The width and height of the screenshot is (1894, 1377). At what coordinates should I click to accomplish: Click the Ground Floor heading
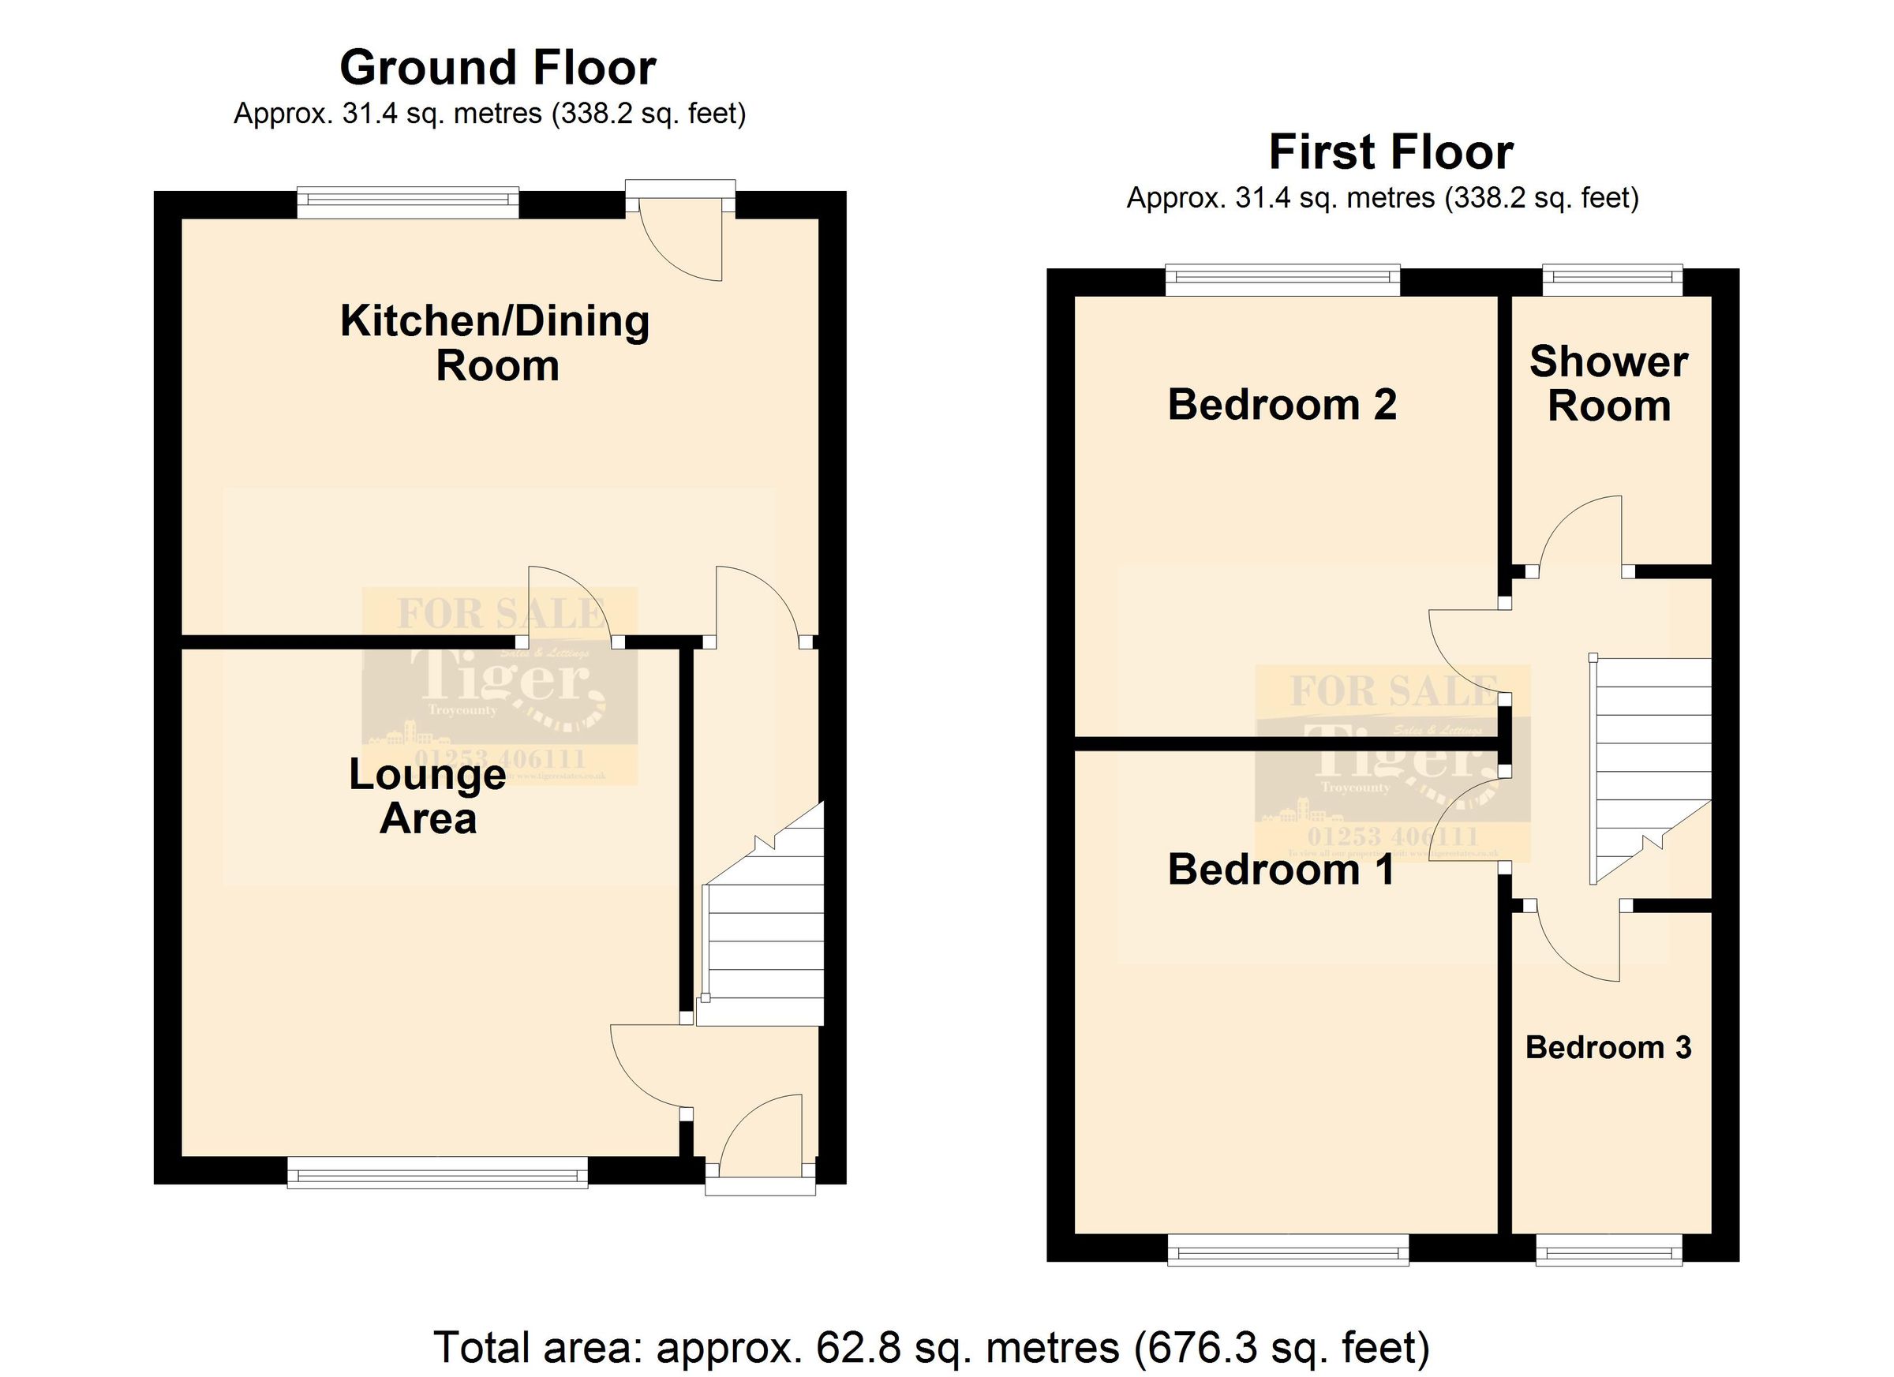[x=498, y=68]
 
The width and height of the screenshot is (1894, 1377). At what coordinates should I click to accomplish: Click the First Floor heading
[x=1391, y=153]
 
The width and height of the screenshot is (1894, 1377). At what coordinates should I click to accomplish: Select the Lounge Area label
[x=428, y=795]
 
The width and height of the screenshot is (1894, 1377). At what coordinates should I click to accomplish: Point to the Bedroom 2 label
[x=1282, y=404]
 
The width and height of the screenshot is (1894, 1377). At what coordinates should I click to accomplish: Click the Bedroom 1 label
[x=1280, y=870]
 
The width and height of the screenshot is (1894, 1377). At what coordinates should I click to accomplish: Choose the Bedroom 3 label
[x=1608, y=1047]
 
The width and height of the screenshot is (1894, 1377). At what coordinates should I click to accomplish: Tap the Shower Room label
[x=1608, y=384]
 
